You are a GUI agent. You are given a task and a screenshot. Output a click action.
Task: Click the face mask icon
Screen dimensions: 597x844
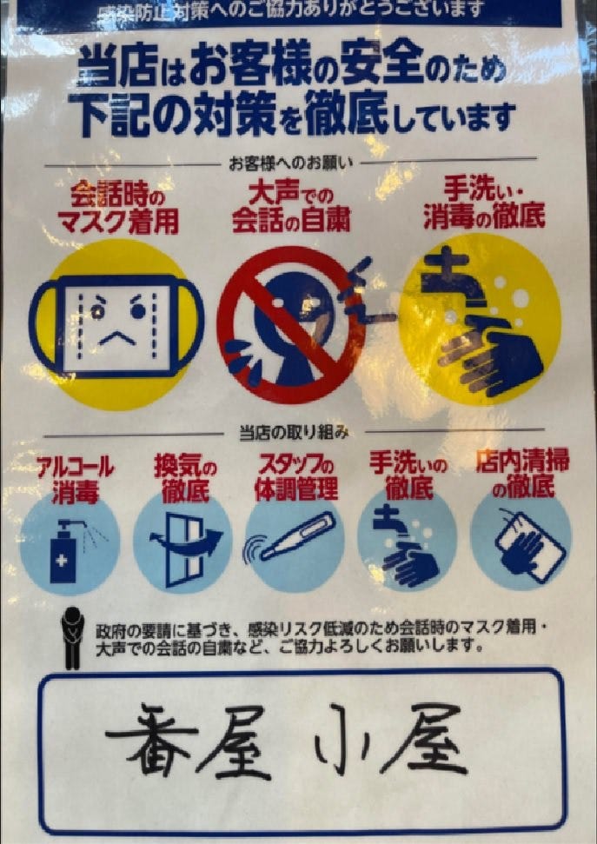coord(116,325)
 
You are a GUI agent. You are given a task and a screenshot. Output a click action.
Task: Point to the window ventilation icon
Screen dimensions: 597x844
coord(186,549)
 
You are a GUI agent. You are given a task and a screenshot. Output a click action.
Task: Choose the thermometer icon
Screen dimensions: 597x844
coord(295,538)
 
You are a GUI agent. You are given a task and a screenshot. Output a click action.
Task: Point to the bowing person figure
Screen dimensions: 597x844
coord(73,638)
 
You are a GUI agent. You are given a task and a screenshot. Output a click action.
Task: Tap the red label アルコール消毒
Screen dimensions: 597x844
coord(76,479)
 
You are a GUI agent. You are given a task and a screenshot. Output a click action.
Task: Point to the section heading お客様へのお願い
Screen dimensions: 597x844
coord(291,163)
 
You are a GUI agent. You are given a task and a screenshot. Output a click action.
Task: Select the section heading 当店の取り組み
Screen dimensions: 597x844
coord(294,434)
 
